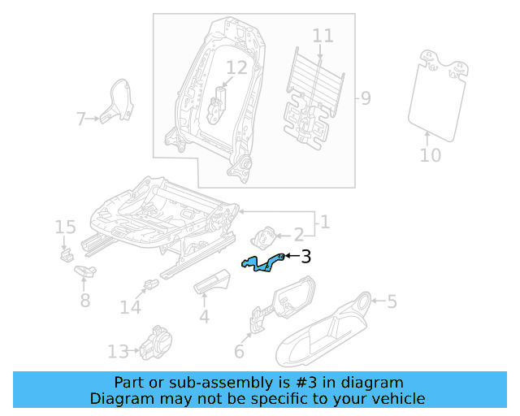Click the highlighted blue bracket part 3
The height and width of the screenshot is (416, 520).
coord(263,264)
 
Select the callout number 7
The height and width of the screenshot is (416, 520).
coord(80,120)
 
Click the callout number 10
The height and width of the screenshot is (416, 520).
coord(431,154)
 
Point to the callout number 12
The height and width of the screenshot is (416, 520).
coord(236,68)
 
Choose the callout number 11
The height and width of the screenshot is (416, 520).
coord(323,36)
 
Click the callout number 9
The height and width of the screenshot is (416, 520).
coord(366,99)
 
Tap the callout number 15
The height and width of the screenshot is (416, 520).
coord(65,227)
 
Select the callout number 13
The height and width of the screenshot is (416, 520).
coord(118,352)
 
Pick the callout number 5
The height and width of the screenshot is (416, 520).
coord(392,302)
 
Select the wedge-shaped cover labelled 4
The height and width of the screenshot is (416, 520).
coord(213,282)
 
